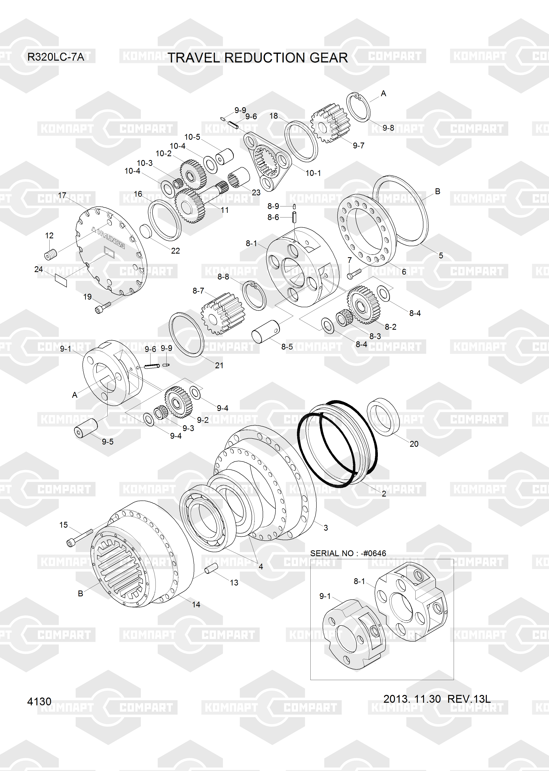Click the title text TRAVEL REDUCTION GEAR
258,58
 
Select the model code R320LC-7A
56,57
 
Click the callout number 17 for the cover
62,195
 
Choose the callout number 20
414,444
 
